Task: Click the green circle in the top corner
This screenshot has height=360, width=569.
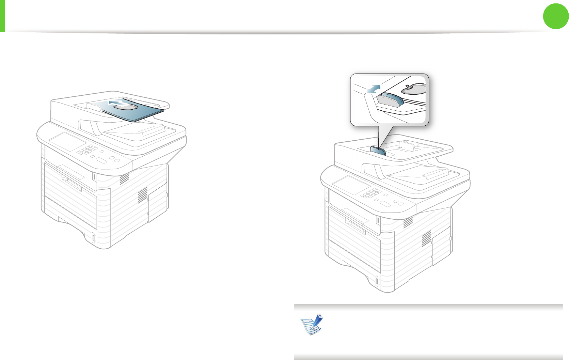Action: click(x=556, y=16)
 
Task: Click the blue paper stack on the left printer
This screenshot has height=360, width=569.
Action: click(x=143, y=114)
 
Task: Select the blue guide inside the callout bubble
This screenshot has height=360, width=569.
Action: click(x=390, y=101)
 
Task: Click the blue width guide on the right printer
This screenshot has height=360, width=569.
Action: click(x=378, y=151)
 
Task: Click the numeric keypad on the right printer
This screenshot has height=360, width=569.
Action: click(x=371, y=193)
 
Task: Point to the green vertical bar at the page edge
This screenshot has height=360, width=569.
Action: click(x=2, y=16)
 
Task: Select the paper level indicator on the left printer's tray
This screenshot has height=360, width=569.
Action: click(x=93, y=238)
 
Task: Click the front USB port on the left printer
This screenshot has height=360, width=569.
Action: click(x=94, y=177)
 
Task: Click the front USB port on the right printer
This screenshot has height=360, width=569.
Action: click(x=378, y=220)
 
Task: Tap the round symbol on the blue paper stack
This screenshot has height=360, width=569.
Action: click(x=126, y=107)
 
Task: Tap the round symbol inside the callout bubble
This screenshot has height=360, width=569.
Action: click(x=413, y=89)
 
